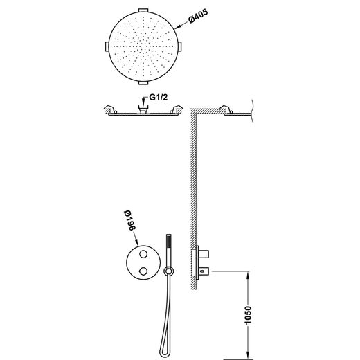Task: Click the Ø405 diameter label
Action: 198,16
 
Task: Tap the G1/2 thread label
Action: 159,98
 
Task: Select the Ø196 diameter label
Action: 129,220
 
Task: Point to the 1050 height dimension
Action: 248,315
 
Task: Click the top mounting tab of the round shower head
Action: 143,10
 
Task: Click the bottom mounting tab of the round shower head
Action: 143,83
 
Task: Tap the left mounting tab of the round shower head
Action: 107,46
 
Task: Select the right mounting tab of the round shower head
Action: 180,46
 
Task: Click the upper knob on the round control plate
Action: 143,254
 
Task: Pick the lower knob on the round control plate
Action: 143,271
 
